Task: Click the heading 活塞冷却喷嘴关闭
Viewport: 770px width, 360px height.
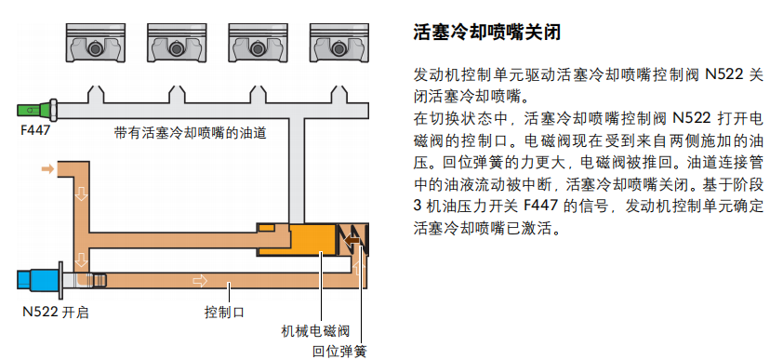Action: click(486, 33)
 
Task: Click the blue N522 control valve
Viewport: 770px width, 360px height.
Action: click(40, 279)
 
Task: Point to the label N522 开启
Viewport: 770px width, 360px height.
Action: click(56, 313)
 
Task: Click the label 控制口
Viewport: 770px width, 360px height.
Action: click(224, 313)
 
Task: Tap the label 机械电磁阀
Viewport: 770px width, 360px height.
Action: click(315, 331)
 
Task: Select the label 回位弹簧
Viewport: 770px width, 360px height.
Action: click(339, 352)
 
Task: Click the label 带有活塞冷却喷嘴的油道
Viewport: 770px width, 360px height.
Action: click(190, 133)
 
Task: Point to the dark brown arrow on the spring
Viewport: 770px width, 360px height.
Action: click(352, 240)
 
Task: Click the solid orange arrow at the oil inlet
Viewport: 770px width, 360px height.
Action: click(47, 169)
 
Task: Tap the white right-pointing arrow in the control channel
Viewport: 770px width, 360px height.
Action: click(200, 280)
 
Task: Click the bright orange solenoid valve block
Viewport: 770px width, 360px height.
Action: click(312, 239)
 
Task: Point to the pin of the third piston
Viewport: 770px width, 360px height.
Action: click(257, 48)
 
